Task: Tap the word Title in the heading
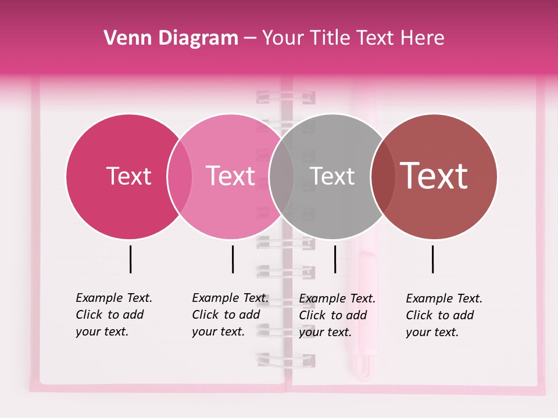[330, 38]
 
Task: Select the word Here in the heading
[423, 38]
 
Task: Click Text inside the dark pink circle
[128, 176]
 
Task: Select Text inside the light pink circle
[230, 176]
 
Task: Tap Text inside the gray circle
[332, 176]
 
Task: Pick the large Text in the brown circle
[434, 176]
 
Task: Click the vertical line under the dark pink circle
[131, 259]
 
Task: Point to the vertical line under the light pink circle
[233, 259]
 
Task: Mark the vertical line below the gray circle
[335, 259]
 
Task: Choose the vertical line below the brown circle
[432, 259]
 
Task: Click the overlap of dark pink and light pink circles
[180, 176]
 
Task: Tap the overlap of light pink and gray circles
[281, 176]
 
